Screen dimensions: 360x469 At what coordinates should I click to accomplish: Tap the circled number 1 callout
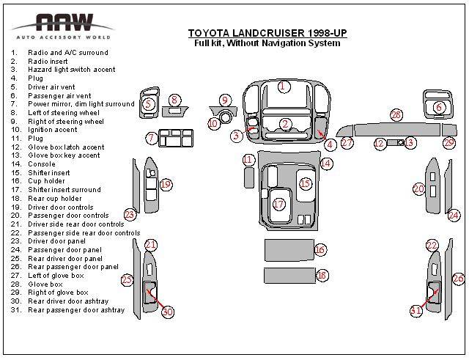click(283, 87)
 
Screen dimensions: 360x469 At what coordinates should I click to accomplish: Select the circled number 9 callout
click(225, 100)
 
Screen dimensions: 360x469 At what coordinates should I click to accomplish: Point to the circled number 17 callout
click(278, 204)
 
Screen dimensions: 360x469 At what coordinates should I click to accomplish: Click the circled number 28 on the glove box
click(396, 115)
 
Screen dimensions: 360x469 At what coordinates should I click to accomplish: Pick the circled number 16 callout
click(320, 250)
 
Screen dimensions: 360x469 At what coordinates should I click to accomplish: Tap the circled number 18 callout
click(322, 275)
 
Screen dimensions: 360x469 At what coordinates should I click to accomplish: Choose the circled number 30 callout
click(168, 312)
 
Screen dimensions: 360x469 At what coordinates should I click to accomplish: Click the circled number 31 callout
click(416, 310)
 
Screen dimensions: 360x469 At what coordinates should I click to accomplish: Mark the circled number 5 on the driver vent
click(148, 105)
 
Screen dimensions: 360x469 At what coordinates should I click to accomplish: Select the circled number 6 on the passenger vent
click(439, 108)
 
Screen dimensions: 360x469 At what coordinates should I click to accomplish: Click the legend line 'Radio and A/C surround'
click(67, 53)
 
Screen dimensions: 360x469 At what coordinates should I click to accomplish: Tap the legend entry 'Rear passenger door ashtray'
click(75, 310)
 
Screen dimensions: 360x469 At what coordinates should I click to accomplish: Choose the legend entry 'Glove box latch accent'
click(66, 147)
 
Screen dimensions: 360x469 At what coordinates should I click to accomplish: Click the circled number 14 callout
click(326, 163)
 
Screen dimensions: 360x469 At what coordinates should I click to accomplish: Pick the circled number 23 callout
click(130, 215)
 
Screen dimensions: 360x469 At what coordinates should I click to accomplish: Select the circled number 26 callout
click(459, 278)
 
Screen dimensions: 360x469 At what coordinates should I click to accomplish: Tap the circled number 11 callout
click(248, 159)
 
